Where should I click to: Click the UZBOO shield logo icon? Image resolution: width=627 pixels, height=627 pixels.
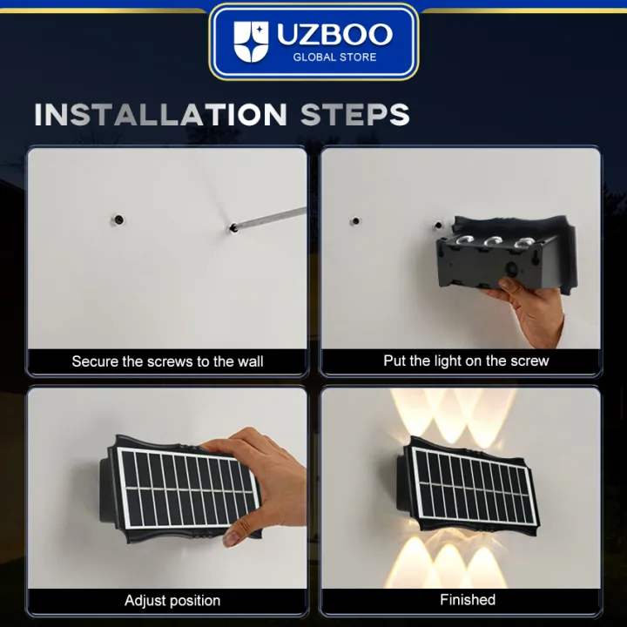click(x=252, y=41)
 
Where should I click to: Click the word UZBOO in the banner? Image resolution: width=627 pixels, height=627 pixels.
click(x=334, y=35)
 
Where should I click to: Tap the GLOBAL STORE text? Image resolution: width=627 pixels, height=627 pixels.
click(x=334, y=57)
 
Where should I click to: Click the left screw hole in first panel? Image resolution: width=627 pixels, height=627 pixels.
click(x=116, y=219)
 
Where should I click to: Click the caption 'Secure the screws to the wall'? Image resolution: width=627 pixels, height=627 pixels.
click(x=167, y=361)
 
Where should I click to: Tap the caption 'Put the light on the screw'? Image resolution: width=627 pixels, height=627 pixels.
click(x=466, y=361)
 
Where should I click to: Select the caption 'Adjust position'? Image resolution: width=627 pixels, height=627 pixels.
click(x=172, y=600)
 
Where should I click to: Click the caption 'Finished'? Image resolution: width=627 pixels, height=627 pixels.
click(x=467, y=600)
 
